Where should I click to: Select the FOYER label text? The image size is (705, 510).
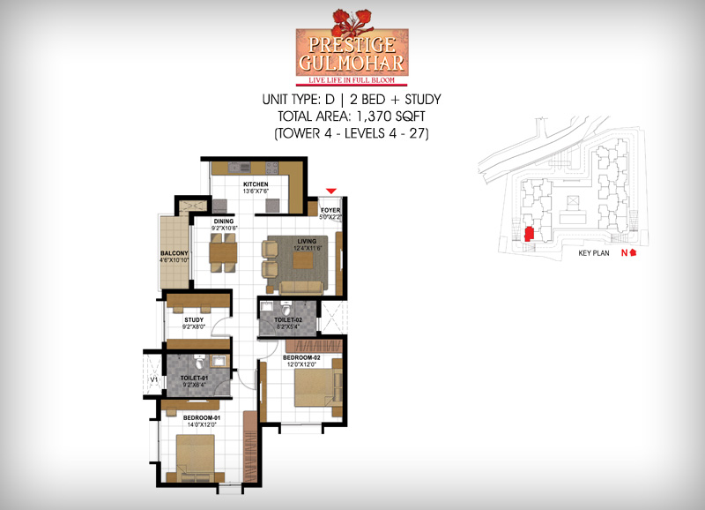(x=330, y=210)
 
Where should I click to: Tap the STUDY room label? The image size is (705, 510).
(x=194, y=321)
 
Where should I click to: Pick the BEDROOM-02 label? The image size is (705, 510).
(x=301, y=357)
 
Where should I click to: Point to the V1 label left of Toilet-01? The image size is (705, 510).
(x=154, y=380)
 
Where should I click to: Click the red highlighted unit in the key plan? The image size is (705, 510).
(x=528, y=234)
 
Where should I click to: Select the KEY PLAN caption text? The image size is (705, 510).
(x=594, y=253)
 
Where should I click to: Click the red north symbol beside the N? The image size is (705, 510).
(x=633, y=253)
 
